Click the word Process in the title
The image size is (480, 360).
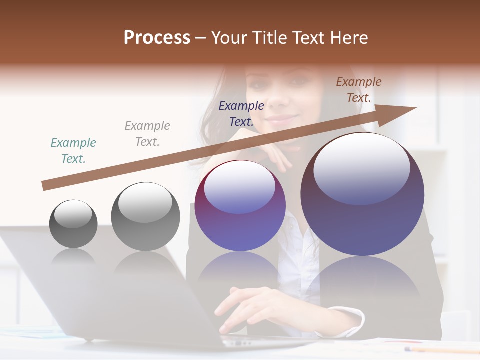157,38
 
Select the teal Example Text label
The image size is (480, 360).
73,151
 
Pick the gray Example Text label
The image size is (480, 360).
147,133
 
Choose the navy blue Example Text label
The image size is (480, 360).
241,113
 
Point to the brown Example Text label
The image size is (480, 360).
359,90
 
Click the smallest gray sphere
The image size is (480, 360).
73,224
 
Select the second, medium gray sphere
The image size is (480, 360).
145,216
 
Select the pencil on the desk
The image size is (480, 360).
440,349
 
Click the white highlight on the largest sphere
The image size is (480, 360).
361,167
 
